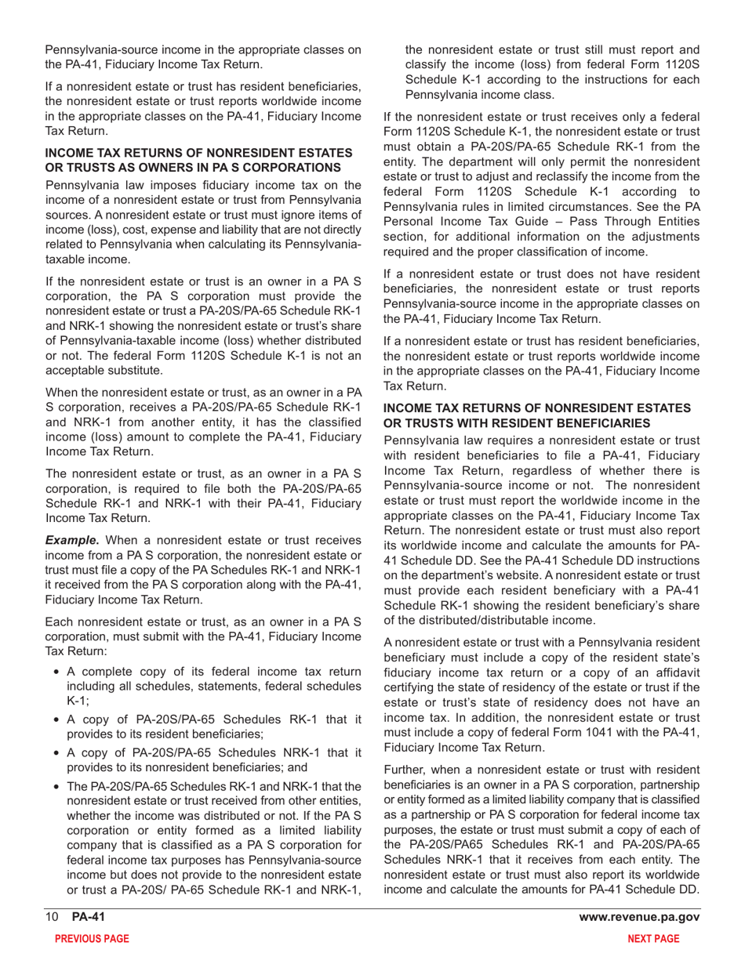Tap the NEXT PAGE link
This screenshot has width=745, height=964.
click(658, 938)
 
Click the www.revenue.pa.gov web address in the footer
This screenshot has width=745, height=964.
click(638, 918)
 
